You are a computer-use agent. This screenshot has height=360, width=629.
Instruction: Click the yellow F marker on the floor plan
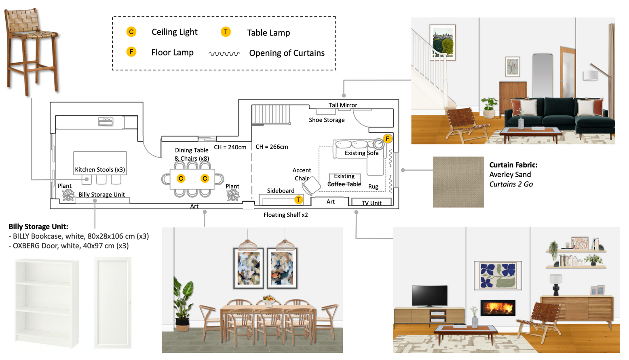coord(387,139)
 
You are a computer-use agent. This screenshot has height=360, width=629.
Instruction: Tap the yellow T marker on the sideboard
coord(298,200)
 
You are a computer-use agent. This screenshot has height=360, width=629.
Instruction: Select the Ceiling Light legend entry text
coord(174,32)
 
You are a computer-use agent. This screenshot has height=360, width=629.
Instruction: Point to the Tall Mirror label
coord(343,105)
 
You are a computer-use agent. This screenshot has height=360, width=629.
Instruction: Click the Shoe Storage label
coord(327,120)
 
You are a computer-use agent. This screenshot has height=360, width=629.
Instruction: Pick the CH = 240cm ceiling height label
coord(230,147)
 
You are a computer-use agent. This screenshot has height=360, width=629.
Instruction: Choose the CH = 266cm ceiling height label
coord(272,147)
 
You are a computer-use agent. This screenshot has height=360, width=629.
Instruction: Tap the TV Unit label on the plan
coord(371,203)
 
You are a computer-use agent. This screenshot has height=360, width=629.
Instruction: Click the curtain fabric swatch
coord(458,182)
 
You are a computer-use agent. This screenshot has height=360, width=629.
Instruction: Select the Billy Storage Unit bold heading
coord(38,227)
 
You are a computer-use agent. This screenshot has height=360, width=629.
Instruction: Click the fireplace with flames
coord(498,308)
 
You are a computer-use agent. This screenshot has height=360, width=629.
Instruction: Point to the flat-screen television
coord(429,296)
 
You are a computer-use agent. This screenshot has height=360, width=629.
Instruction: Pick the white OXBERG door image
coord(113,303)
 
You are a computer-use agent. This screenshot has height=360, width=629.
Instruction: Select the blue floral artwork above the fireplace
coord(498,275)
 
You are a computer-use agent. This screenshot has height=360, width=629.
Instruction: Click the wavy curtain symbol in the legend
coord(224,53)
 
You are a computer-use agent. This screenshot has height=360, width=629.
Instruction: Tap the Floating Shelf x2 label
coord(285,215)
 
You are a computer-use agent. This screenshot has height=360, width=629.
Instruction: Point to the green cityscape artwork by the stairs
coord(443,42)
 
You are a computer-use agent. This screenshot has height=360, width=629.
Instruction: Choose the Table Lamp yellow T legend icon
coord(226,32)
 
